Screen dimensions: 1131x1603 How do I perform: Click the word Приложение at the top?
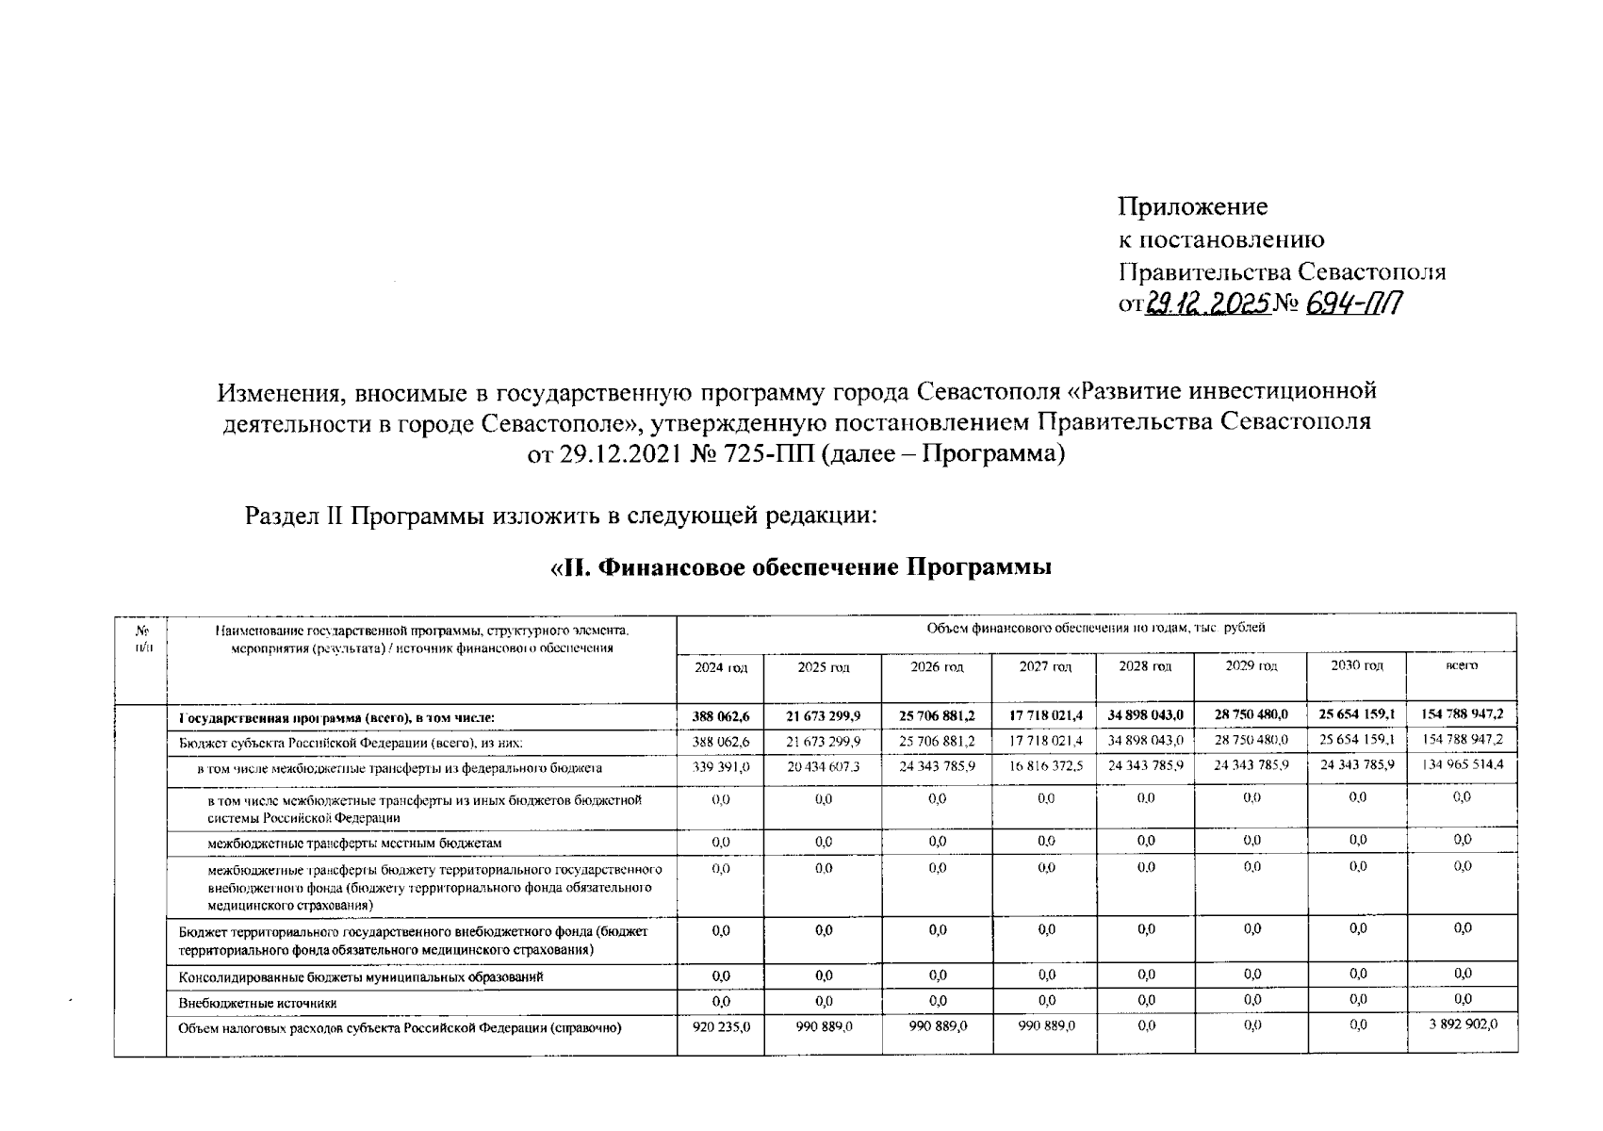pos(1192,207)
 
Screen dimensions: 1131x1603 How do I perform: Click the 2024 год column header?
pos(721,667)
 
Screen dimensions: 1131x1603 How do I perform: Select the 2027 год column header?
pos(1045,666)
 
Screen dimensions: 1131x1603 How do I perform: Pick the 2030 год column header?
pos(1356,665)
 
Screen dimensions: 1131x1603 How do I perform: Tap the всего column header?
pos(1462,665)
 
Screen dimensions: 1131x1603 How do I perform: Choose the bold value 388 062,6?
pos(721,717)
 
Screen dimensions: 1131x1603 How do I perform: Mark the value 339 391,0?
pos(721,767)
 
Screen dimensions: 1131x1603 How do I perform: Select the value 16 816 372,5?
pos(1045,766)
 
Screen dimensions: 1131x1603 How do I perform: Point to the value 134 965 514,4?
pos(1462,764)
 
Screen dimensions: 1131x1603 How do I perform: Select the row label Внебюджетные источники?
pos(258,1004)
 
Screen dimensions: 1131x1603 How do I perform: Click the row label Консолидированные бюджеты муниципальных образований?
pos(361,977)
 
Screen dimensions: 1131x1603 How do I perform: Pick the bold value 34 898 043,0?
pos(1145,715)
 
